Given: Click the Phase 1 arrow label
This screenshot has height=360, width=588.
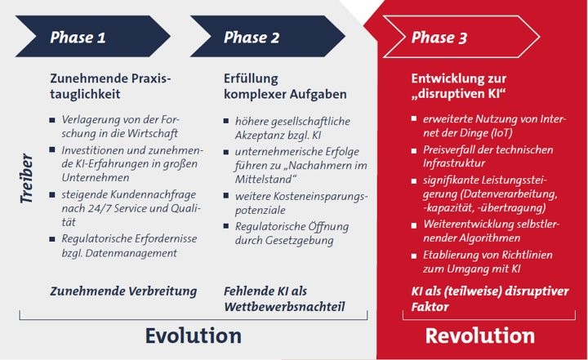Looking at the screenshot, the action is pos(78,38).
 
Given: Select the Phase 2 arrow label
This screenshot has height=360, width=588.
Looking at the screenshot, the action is pos(252,38).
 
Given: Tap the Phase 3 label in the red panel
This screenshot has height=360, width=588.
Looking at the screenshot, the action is pos(439,38).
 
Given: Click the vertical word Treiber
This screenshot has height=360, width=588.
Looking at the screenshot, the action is pos(27,178).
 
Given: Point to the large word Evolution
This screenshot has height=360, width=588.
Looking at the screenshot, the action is pos(193,336).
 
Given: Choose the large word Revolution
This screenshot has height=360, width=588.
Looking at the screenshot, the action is pos(479,336).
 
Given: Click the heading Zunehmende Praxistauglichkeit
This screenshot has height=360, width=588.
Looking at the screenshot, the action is pos(110,87).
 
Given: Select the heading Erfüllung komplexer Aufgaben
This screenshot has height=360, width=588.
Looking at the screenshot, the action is pos(285,87).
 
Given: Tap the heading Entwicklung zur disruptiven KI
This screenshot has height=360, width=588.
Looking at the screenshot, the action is pos(459,86).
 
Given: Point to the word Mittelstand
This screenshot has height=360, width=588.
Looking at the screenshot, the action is pos(263,180).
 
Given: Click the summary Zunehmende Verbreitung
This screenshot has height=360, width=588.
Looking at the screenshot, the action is pos(123,291).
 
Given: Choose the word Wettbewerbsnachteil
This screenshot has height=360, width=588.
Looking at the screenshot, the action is pos(284,307).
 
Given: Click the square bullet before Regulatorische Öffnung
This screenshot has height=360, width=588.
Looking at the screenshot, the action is pos(226,226).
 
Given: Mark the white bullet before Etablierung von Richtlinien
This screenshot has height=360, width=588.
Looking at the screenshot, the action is pos(414,256).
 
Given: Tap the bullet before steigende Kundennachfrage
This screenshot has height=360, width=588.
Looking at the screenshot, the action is pos(52,194).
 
